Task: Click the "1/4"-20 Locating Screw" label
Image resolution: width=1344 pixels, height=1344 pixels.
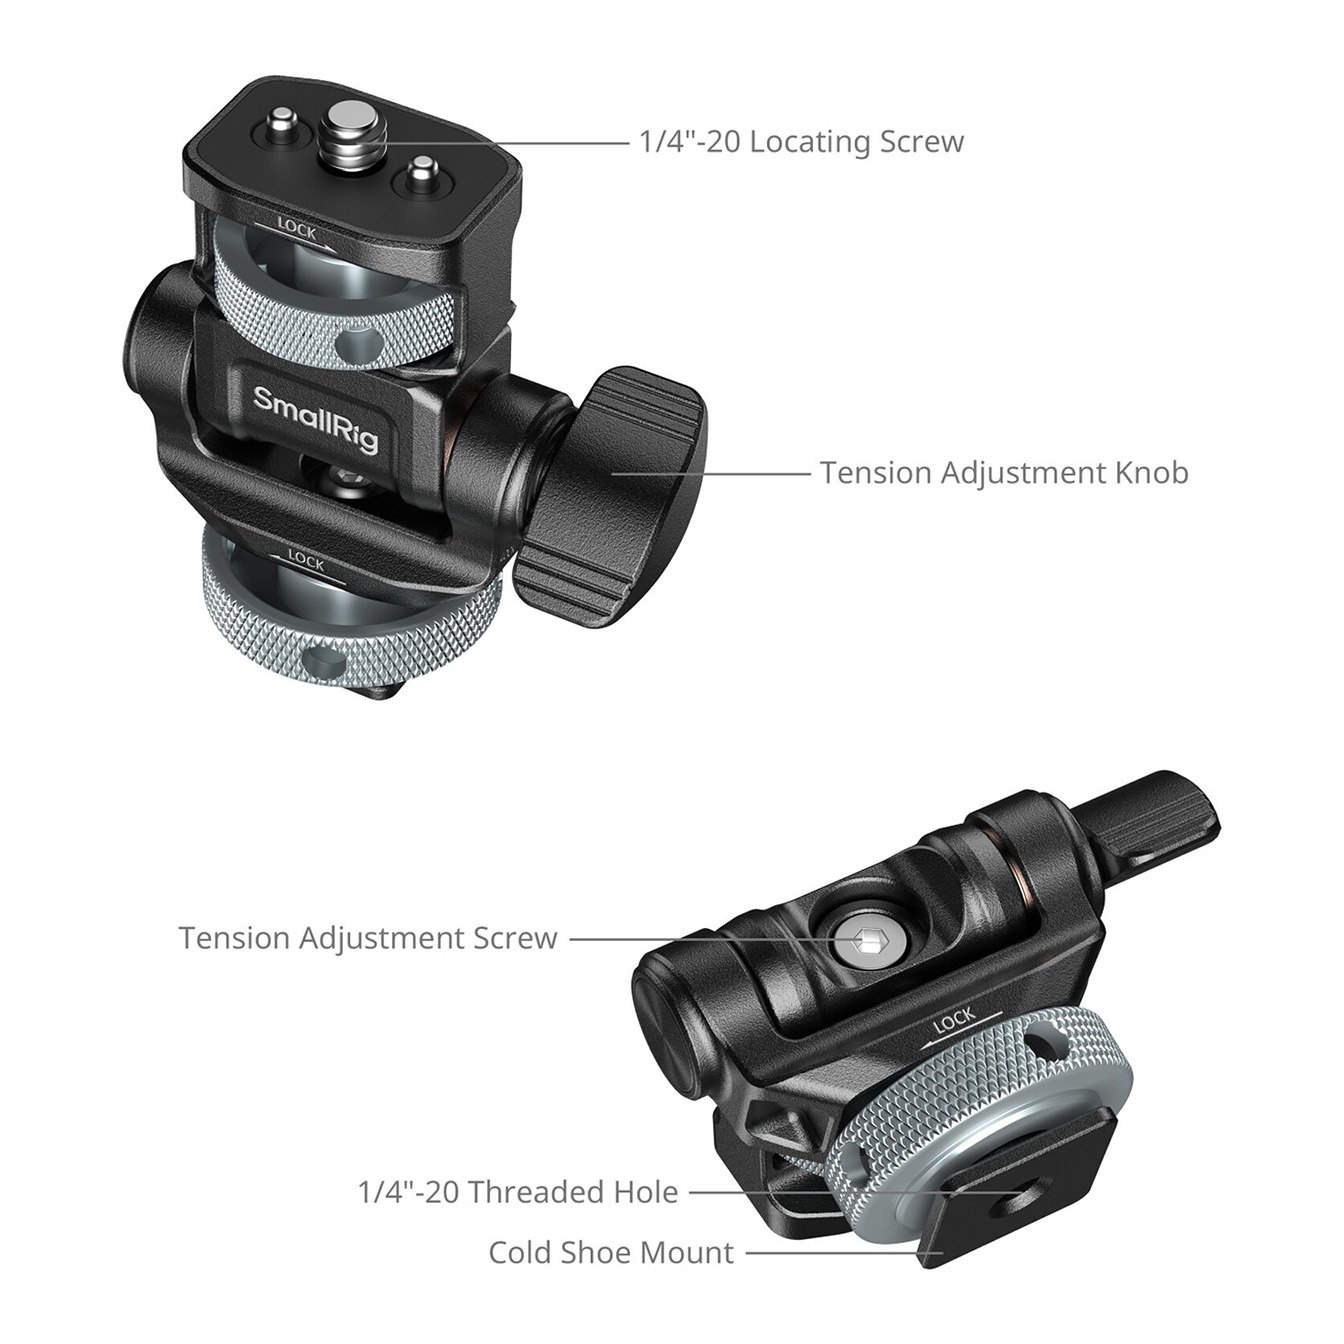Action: click(x=801, y=142)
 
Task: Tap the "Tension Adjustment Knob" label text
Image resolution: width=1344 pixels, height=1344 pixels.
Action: click(x=1004, y=473)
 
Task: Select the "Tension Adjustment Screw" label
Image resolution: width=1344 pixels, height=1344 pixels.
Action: click(x=368, y=938)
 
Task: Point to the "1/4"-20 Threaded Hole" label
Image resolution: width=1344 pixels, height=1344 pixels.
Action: click(x=518, y=1192)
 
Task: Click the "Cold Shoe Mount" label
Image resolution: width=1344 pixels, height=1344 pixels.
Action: click(x=611, y=1253)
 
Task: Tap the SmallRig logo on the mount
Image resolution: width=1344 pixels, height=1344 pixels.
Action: click(x=315, y=419)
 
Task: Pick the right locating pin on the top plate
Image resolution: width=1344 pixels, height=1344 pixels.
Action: click(x=420, y=174)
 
